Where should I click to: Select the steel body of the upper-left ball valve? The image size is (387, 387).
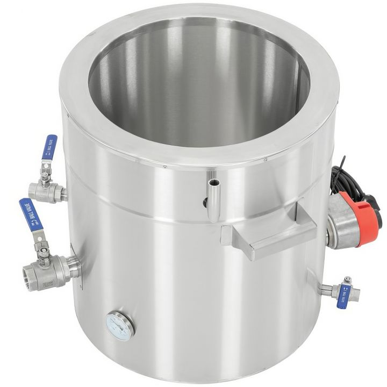point(43,188)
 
